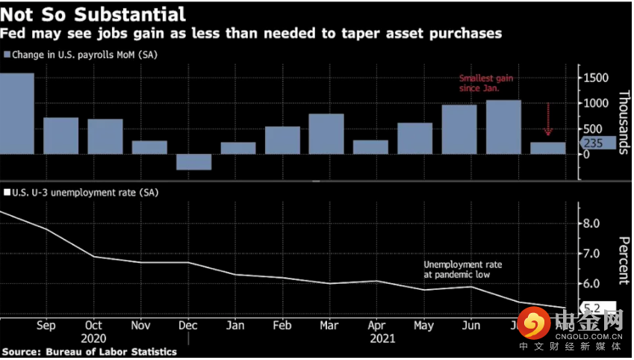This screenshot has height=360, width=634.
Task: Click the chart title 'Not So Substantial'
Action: click(93, 13)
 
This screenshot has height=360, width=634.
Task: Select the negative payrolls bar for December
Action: click(193, 162)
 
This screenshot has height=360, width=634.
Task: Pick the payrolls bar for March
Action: click(326, 134)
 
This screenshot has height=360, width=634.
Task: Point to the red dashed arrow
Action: click(548, 120)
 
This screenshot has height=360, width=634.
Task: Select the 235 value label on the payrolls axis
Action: click(596, 143)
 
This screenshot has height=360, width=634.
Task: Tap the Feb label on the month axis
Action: click(282, 326)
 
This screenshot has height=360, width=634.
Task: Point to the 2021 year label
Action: click(384, 338)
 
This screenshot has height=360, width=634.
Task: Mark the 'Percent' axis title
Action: click(624, 261)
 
